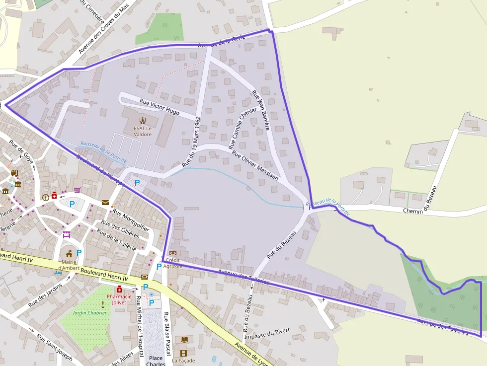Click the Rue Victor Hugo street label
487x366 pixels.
coord(160,106)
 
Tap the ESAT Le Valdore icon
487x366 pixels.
coord(142,120)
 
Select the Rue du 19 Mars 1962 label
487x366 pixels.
coord(191,142)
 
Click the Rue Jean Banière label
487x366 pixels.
coord(260,110)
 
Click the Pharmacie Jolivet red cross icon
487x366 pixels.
coord(119,290)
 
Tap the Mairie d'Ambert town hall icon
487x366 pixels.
coord(69,253)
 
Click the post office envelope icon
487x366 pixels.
coord(105,202)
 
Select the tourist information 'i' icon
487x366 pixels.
coord(46,197)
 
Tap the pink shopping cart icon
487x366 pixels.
coord(77,190)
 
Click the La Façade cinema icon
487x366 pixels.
coord(183,353)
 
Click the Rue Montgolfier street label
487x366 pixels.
coord(131,220)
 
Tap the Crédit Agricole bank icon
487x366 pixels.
coord(173,253)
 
